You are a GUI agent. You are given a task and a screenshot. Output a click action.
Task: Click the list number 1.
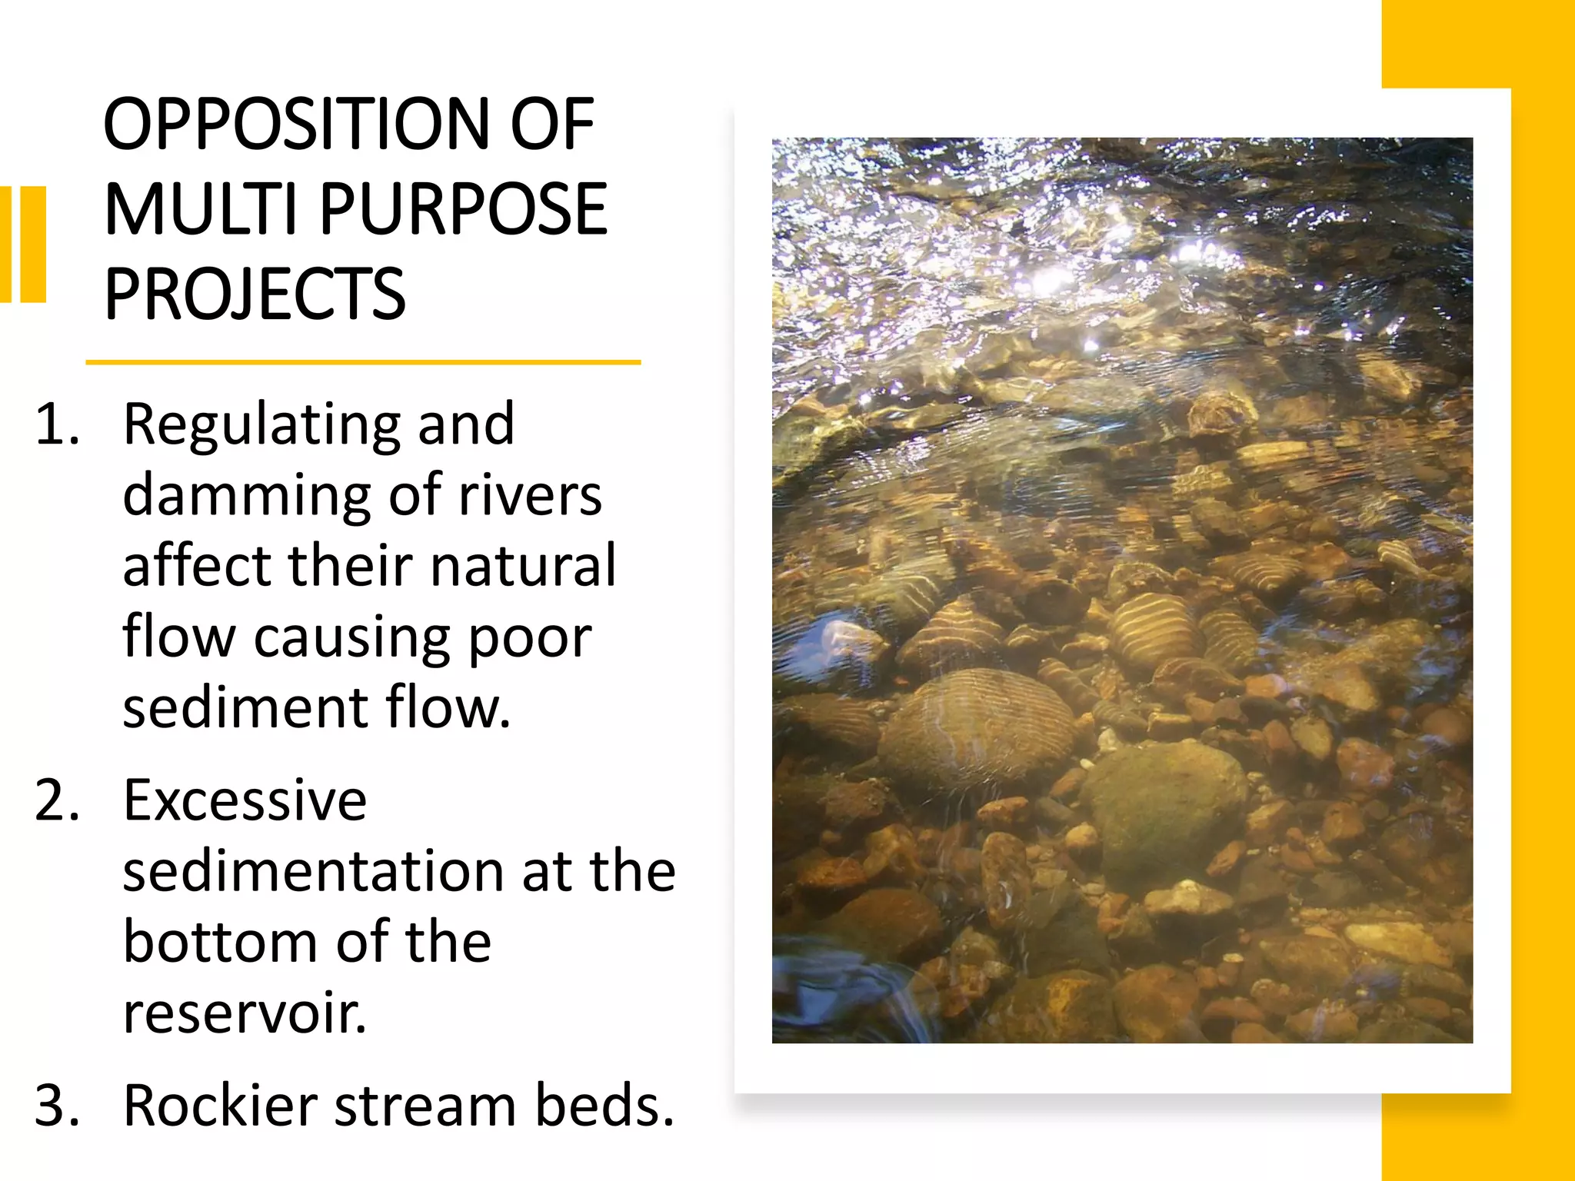[57, 424]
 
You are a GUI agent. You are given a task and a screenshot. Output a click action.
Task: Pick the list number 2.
[57, 801]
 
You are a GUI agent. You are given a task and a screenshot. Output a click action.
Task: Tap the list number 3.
[57, 1106]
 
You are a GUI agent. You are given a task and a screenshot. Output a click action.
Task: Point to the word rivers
[530, 495]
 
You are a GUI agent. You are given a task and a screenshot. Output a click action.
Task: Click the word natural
[523, 566]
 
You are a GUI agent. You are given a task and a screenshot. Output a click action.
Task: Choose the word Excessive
[245, 801]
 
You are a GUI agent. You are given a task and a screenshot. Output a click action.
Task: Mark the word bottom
[220, 943]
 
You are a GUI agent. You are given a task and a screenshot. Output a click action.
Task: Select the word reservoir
[245, 1013]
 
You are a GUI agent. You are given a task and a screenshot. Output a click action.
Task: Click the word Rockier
[220, 1106]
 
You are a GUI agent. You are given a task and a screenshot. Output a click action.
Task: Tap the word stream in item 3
[425, 1106]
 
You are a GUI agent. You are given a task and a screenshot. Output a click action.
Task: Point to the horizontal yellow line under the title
[363, 362]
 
